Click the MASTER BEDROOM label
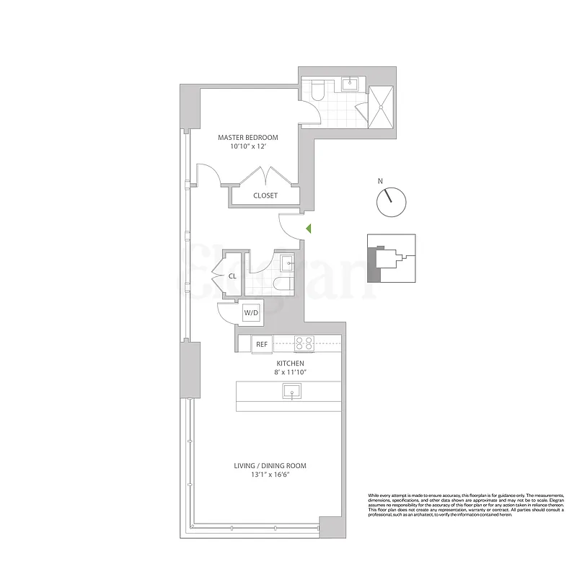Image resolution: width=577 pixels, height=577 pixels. pos(248,137)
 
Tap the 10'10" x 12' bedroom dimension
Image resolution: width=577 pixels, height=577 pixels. pos(248,146)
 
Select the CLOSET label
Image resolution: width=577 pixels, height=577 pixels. pos(265,195)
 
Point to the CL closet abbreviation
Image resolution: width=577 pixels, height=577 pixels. pos(233,276)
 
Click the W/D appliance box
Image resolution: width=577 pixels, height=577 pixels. pos(251,313)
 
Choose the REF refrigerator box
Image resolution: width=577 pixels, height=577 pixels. pos(262,345)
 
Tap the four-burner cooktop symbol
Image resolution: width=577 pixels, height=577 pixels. pos(304,344)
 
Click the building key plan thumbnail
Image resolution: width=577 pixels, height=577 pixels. pos(392,257)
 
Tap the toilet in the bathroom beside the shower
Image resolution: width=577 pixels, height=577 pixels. pos(317,89)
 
